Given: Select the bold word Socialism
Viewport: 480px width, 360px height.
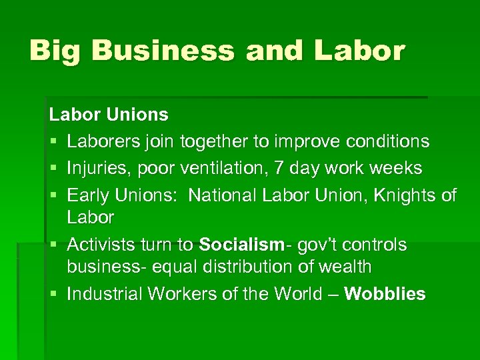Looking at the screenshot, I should coord(241,245).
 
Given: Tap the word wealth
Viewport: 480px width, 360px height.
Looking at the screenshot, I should coord(346,267).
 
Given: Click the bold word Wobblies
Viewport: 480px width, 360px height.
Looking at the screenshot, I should coord(385,294).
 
